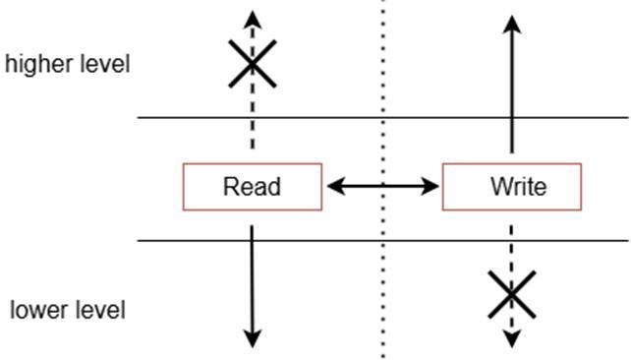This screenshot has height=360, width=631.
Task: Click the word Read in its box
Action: pyautogui.click(x=252, y=187)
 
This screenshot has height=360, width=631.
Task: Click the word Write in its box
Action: pyautogui.click(x=518, y=187)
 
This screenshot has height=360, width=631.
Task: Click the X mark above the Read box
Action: pyautogui.click(x=253, y=64)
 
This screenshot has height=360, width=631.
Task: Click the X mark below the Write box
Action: pyautogui.click(x=512, y=295)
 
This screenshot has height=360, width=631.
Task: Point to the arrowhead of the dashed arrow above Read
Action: pyautogui.click(x=253, y=20)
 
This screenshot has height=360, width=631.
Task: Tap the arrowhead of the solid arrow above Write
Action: pyautogui.click(x=512, y=25)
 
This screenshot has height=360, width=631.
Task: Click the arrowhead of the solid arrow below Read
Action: pyautogui.click(x=253, y=338)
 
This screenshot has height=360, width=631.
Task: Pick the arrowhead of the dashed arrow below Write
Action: pyautogui.click(x=512, y=338)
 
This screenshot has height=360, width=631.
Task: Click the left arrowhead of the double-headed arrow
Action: pyautogui.click(x=336, y=186)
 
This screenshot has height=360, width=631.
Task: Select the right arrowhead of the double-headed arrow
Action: pyautogui.click(x=430, y=186)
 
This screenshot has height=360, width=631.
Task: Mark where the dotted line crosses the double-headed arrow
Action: pyautogui.click(x=382, y=186)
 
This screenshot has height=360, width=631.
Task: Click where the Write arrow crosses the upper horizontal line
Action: pyautogui.click(x=512, y=118)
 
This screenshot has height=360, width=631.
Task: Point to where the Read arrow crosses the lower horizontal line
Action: pyautogui.click(x=253, y=241)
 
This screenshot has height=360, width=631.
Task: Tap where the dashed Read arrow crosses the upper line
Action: pyautogui.click(x=253, y=118)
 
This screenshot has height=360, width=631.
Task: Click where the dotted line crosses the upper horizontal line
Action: pyautogui.click(x=382, y=118)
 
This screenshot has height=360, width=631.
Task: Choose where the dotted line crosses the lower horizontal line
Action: pyautogui.click(x=382, y=241)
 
